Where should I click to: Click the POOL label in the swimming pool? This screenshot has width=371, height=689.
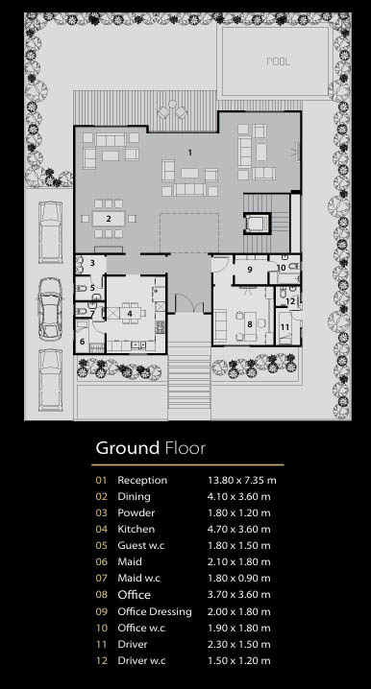click(x=279, y=61)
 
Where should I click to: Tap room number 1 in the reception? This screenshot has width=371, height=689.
click(x=190, y=153)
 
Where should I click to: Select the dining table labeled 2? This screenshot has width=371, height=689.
click(x=109, y=219)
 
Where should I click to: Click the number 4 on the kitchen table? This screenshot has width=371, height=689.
click(x=130, y=313)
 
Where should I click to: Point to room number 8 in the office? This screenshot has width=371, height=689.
click(x=250, y=324)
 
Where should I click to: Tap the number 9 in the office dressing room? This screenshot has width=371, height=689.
click(x=250, y=270)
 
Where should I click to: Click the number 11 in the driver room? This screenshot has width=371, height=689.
click(x=285, y=327)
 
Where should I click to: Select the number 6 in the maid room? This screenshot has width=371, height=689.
click(x=82, y=342)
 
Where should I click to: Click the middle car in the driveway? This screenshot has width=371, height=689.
click(x=50, y=308)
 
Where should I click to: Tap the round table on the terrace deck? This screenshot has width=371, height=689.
click(x=172, y=105)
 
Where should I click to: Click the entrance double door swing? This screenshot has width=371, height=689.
click(x=189, y=303)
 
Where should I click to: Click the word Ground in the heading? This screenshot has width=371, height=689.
click(x=128, y=448)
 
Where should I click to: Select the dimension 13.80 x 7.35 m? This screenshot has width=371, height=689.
click(x=242, y=480)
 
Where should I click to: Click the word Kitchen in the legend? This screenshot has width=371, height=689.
click(x=136, y=529)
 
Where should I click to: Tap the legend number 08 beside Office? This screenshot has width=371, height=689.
click(x=101, y=595)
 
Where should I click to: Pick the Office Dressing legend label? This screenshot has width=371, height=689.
click(x=155, y=611)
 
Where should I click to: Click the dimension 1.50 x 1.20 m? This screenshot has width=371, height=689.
click(x=239, y=660)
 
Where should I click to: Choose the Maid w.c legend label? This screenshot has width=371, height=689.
click(x=138, y=579)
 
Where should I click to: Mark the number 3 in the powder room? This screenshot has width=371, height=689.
click(x=92, y=263)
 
